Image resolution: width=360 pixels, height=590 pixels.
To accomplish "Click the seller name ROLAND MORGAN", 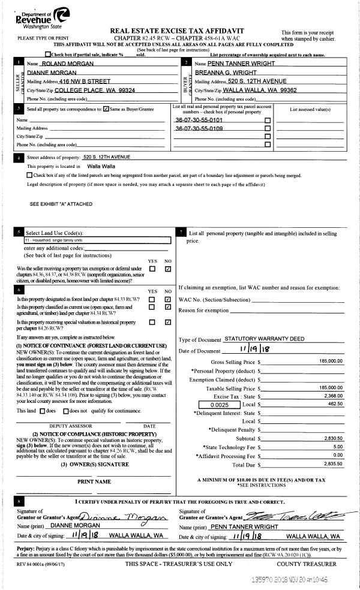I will pos(63,63).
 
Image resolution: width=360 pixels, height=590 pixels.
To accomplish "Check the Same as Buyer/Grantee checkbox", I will pos(106,109).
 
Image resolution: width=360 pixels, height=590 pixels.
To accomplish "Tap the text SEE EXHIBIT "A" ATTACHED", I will pos(61,204).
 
